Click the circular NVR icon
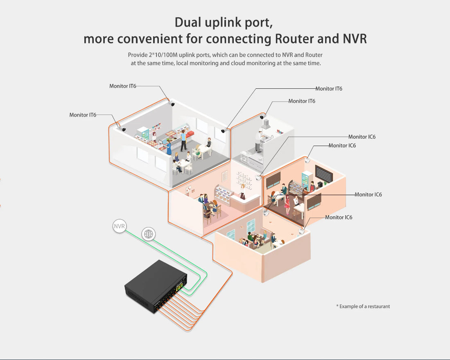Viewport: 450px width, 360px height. pos(120,226)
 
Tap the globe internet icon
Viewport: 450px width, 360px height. pos(148,234)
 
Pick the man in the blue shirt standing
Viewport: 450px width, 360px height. pos(183,139)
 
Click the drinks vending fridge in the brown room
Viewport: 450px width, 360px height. pos(305,180)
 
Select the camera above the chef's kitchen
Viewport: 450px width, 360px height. pos(262,117)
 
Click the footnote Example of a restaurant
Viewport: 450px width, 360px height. pos(363,306)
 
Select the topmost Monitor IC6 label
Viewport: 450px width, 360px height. pos(362,137)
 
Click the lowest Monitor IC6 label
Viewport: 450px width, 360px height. pos(339,217)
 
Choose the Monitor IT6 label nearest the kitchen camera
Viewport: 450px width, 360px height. pos(302,101)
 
